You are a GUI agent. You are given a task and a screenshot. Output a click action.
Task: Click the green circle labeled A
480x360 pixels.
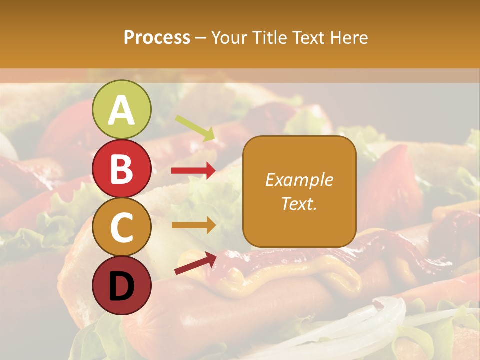(x=121, y=109)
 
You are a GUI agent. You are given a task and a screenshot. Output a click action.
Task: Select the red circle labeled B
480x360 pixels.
(x=121, y=168)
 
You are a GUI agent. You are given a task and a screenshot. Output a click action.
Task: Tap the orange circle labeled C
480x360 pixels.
(x=121, y=227)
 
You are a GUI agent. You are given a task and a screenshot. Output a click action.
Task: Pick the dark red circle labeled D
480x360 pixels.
(x=121, y=285)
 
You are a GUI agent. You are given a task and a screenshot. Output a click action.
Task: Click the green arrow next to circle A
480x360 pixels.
(x=195, y=128)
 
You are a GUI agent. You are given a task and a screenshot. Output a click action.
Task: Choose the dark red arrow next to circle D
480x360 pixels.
(x=195, y=263)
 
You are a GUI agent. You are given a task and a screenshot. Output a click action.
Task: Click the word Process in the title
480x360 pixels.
(x=157, y=37)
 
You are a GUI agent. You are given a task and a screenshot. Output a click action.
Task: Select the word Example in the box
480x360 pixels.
(x=299, y=180)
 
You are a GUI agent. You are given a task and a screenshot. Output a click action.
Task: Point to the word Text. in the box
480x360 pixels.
(x=299, y=203)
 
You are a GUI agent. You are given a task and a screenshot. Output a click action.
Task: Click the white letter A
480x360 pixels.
(x=121, y=110)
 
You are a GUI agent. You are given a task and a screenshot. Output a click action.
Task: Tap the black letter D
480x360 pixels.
(x=121, y=287)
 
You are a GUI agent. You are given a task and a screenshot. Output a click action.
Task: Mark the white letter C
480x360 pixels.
(x=121, y=228)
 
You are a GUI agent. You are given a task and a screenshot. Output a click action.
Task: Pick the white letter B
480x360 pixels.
(x=121, y=169)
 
